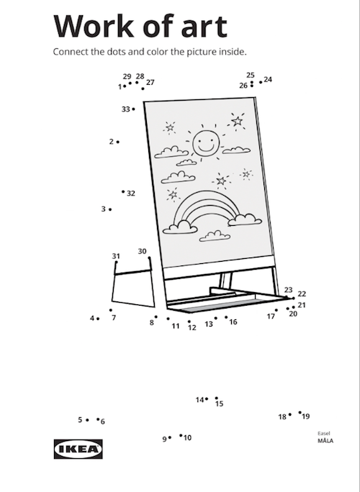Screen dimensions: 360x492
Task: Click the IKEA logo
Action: [x=78, y=449]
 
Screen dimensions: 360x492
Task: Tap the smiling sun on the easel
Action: [x=205, y=144]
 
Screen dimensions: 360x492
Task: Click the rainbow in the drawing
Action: [x=207, y=206]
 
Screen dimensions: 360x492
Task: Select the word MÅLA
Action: [x=325, y=440]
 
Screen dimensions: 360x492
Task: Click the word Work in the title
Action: [x=94, y=26]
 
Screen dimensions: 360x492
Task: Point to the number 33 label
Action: [x=126, y=109]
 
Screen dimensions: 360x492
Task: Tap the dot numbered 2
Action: [x=118, y=142]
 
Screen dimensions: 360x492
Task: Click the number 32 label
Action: [x=131, y=193]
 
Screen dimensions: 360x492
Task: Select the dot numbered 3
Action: [x=110, y=209]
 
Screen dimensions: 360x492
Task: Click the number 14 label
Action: [x=199, y=400]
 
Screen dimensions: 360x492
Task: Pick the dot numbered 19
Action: [x=300, y=413]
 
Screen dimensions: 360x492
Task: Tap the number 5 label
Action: [x=80, y=420]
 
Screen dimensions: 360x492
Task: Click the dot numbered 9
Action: [x=170, y=437]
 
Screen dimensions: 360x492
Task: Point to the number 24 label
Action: [x=268, y=80]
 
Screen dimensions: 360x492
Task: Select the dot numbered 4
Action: [x=98, y=319]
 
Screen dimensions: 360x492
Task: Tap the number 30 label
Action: [x=142, y=251]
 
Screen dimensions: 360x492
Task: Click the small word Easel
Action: [x=323, y=433]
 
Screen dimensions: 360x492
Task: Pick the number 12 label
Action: [x=192, y=327]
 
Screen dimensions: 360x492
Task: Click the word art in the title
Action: [x=204, y=27]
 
